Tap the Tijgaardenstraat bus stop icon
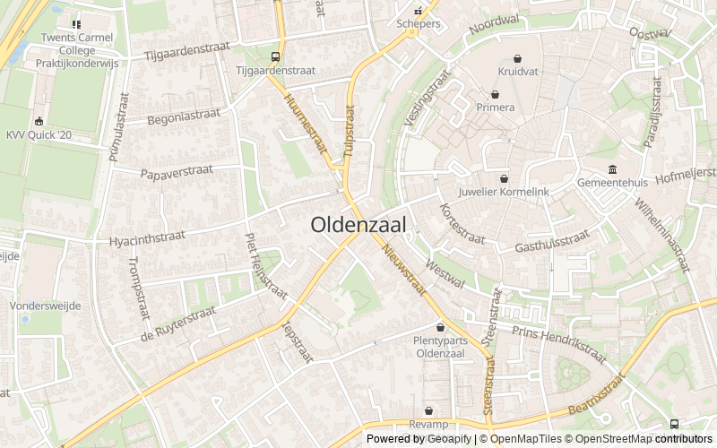point(273,56)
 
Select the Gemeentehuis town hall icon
point(612,168)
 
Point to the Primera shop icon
point(495,94)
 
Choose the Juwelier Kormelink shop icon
point(504,178)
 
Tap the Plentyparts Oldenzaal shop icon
point(441,326)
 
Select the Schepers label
point(419,24)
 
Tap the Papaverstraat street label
point(175,171)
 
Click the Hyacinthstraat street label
point(146,239)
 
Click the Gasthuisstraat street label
point(552,242)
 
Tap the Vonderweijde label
point(45,306)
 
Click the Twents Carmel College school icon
point(75,24)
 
